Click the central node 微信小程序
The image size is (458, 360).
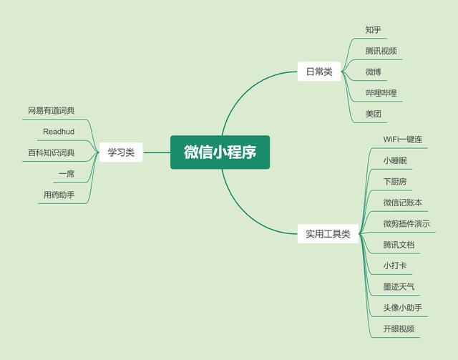(x=220, y=152)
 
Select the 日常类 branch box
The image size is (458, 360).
(x=318, y=72)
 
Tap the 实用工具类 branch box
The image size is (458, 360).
(x=328, y=234)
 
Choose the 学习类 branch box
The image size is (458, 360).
(x=121, y=152)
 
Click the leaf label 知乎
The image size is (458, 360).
(x=373, y=30)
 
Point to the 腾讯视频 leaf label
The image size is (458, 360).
(x=381, y=52)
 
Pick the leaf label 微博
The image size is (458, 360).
(x=373, y=72)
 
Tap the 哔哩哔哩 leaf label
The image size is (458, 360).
(x=381, y=93)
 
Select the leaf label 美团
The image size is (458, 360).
(x=373, y=115)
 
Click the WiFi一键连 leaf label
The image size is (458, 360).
(x=405, y=139)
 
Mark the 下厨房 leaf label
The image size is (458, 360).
(x=399, y=181)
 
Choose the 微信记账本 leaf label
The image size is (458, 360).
(x=402, y=203)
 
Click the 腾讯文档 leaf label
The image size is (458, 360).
(x=399, y=245)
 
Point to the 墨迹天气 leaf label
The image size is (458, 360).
(x=399, y=287)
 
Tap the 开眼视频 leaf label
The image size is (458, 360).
(x=399, y=329)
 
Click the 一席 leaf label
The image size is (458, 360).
(x=67, y=174)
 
